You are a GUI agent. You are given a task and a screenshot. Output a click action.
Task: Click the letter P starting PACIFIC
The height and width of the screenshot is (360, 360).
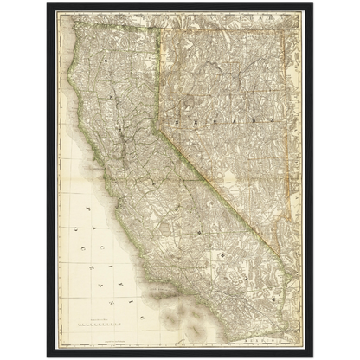click(88, 209)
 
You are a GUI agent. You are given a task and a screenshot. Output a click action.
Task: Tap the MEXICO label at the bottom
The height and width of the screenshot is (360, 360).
click(282, 342)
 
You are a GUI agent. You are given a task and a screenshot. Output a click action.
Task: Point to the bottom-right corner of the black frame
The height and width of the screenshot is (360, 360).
click(312, 356)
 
